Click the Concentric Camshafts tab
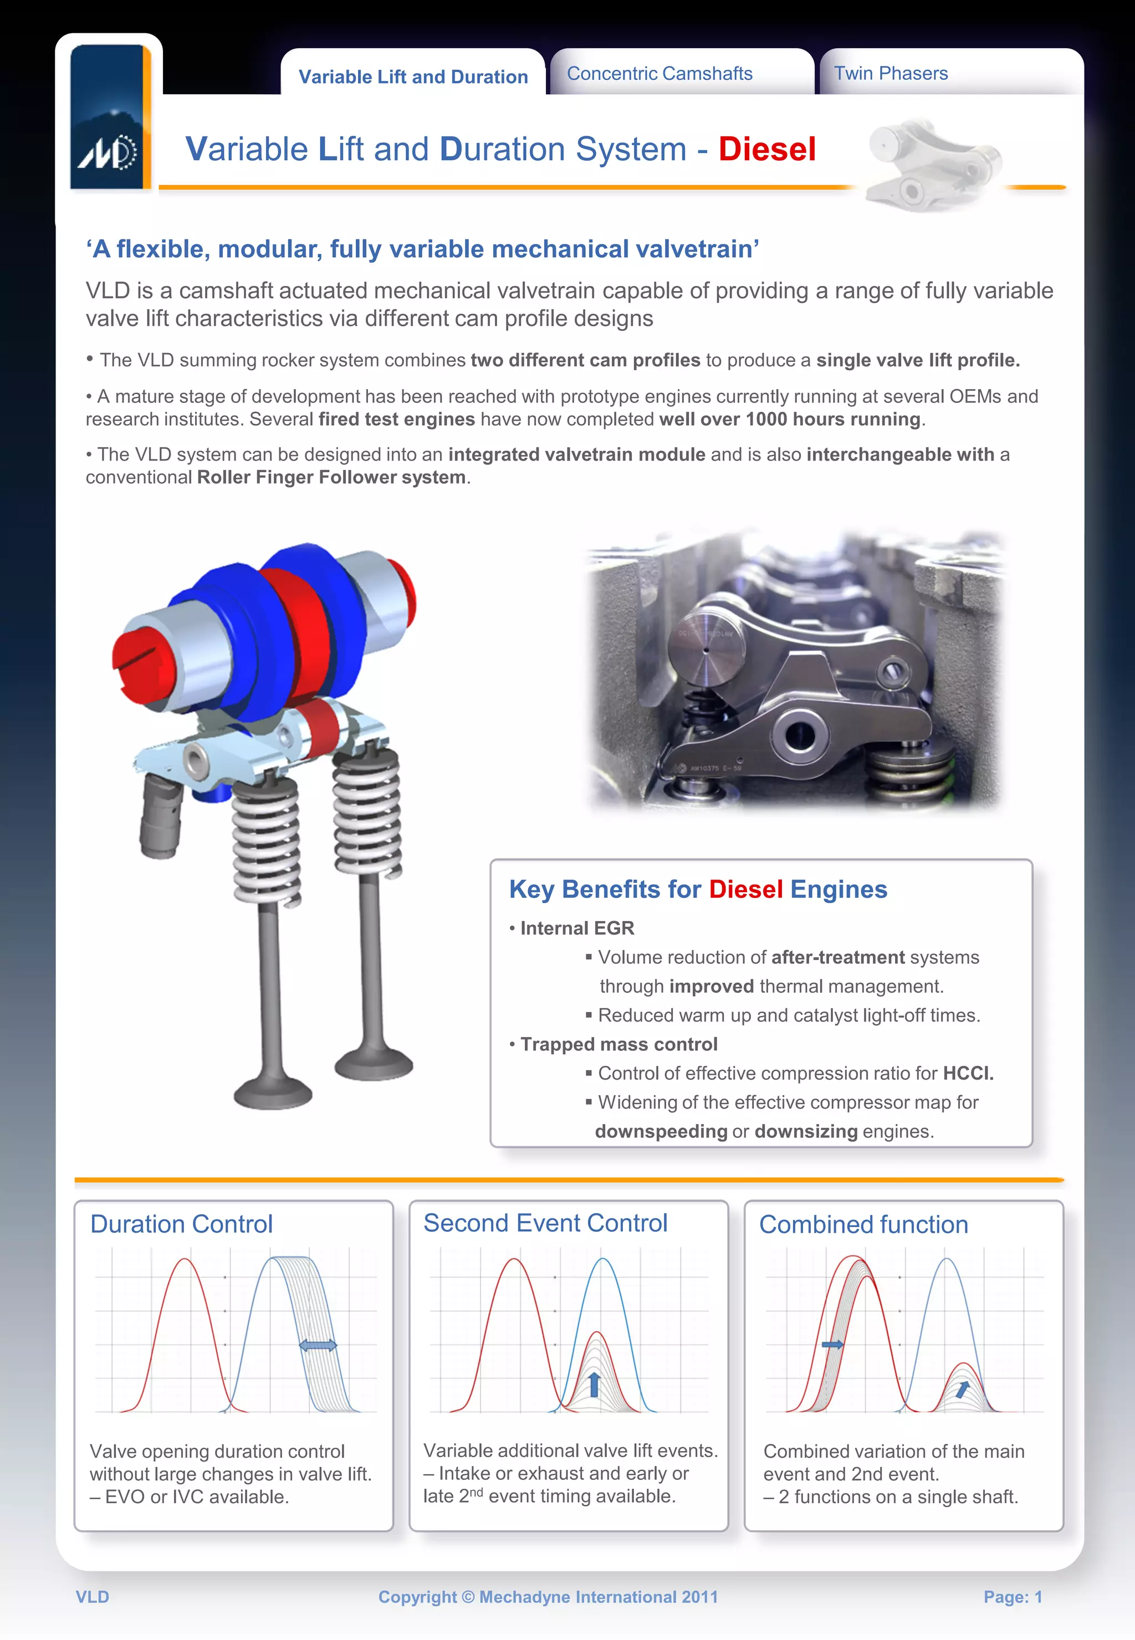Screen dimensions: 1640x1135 659,74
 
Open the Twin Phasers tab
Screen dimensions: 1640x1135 891,74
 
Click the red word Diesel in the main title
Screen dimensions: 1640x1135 766,149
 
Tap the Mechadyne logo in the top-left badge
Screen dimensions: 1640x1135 108,151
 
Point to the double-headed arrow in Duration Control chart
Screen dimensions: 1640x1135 318,1345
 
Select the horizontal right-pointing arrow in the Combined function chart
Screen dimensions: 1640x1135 832,1344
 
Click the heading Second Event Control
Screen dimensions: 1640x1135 545,1223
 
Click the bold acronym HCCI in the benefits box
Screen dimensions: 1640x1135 967,1073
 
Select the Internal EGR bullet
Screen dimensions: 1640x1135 576,928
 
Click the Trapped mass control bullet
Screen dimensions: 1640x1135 618,1044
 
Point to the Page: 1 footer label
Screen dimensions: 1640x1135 1012,1597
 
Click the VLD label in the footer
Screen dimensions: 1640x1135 93,1597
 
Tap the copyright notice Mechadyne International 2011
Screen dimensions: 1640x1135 548,1597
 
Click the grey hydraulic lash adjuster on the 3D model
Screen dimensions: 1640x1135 161,816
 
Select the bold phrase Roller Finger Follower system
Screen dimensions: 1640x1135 331,477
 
